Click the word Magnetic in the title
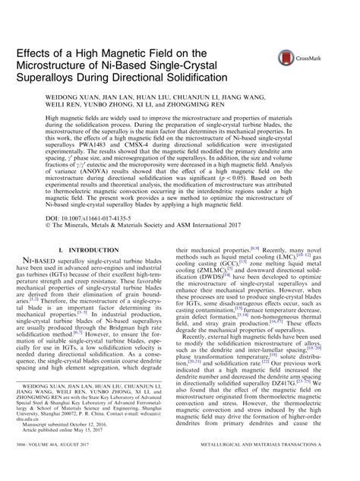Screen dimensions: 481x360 tap(150, 54)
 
